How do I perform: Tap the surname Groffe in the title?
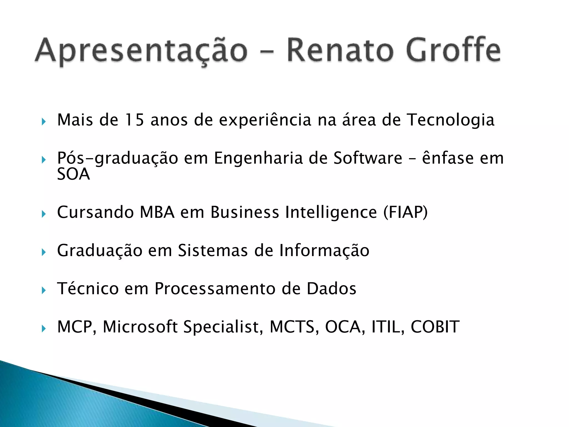[x=453, y=50]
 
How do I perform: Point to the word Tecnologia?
[x=451, y=120]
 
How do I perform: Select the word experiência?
[x=265, y=120]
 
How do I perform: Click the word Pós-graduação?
[x=118, y=158]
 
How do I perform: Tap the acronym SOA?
[x=73, y=174]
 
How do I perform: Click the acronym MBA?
[x=157, y=212]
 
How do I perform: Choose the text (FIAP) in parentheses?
[x=406, y=212]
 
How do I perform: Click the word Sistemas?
[x=213, y=250]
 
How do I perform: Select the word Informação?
[x=324, y=250]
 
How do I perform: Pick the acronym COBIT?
[x=435, y=327]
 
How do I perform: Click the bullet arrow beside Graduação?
[x=43, y=252]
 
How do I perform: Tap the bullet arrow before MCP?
[x=43, y=329]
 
